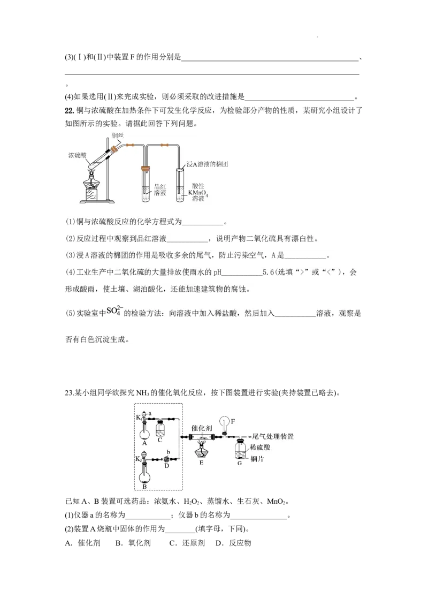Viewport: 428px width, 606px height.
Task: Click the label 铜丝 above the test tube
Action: pos(118,135)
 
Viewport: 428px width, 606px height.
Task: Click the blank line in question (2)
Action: pos(186,239)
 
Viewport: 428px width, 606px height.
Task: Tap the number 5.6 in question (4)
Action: pos(269,272)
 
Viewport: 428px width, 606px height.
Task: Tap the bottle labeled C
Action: pos(160,429)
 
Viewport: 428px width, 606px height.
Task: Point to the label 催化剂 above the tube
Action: pos(202,429)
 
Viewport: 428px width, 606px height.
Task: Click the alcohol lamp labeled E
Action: pos(201,451)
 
